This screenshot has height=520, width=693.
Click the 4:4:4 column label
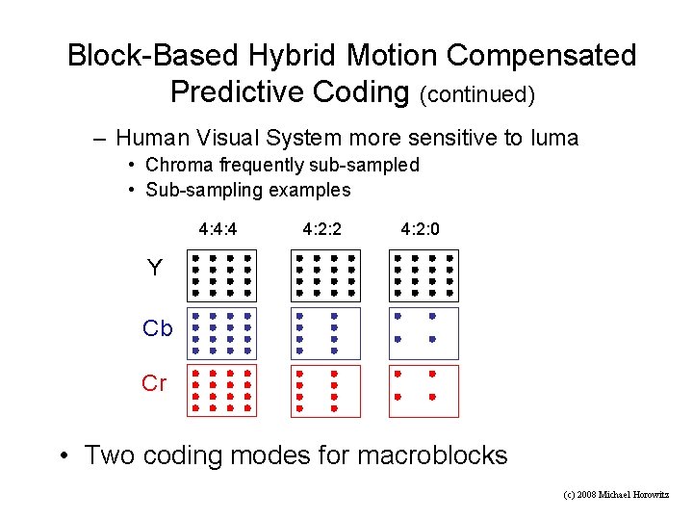pos(218,230)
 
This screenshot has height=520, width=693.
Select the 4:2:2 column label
pos(322,230)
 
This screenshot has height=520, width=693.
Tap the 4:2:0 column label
pos(421,230)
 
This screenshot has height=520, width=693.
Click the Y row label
pos(155,269)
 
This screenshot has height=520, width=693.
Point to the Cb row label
pos(158,328)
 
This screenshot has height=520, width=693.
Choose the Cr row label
pos(154,383)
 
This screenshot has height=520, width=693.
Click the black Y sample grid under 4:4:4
pos(221,274)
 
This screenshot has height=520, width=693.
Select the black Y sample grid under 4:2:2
pos(325,274)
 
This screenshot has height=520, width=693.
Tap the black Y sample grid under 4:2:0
pos(423,274)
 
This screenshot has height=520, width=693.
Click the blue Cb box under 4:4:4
pos(221,333)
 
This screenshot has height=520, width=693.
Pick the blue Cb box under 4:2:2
pos(325,333)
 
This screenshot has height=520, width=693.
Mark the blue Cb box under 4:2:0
pos(423,333)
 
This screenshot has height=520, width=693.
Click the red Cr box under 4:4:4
pos(221,390)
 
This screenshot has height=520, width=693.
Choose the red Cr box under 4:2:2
pos(325,390)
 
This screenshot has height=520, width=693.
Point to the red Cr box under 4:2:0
pos(423,390)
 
